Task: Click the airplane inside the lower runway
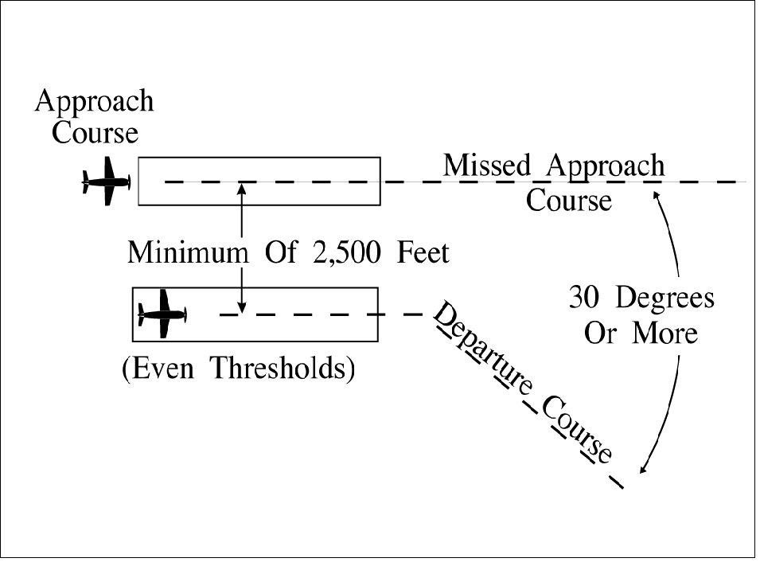tap(163, 314)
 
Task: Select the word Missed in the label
tap(486, 166)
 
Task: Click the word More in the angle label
tap(665, 333)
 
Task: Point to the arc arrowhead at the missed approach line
tap(657, 193)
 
